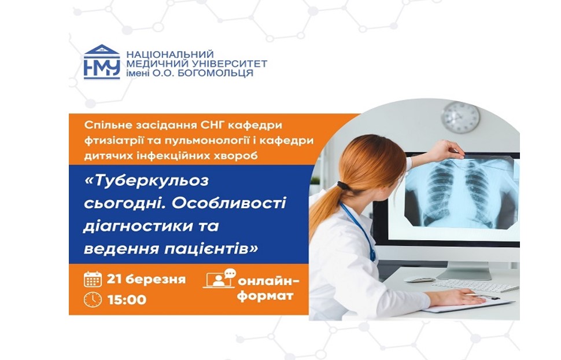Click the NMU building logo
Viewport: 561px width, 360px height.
102,61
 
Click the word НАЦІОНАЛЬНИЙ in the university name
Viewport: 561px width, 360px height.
170,54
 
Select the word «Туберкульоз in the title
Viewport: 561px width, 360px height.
146,181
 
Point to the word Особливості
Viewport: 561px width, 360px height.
229,204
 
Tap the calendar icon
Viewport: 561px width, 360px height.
93,279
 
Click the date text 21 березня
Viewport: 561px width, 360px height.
146,279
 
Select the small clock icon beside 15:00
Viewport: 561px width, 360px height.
93,299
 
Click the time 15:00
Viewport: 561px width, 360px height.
127,300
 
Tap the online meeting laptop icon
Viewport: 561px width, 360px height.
220,278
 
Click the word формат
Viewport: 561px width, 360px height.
265,296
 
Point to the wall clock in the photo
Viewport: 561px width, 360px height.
460,117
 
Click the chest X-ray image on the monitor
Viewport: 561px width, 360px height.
461,192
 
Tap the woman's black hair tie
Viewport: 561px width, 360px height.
343,186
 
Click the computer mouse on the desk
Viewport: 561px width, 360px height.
419,280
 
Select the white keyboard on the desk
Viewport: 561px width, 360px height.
475,285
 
